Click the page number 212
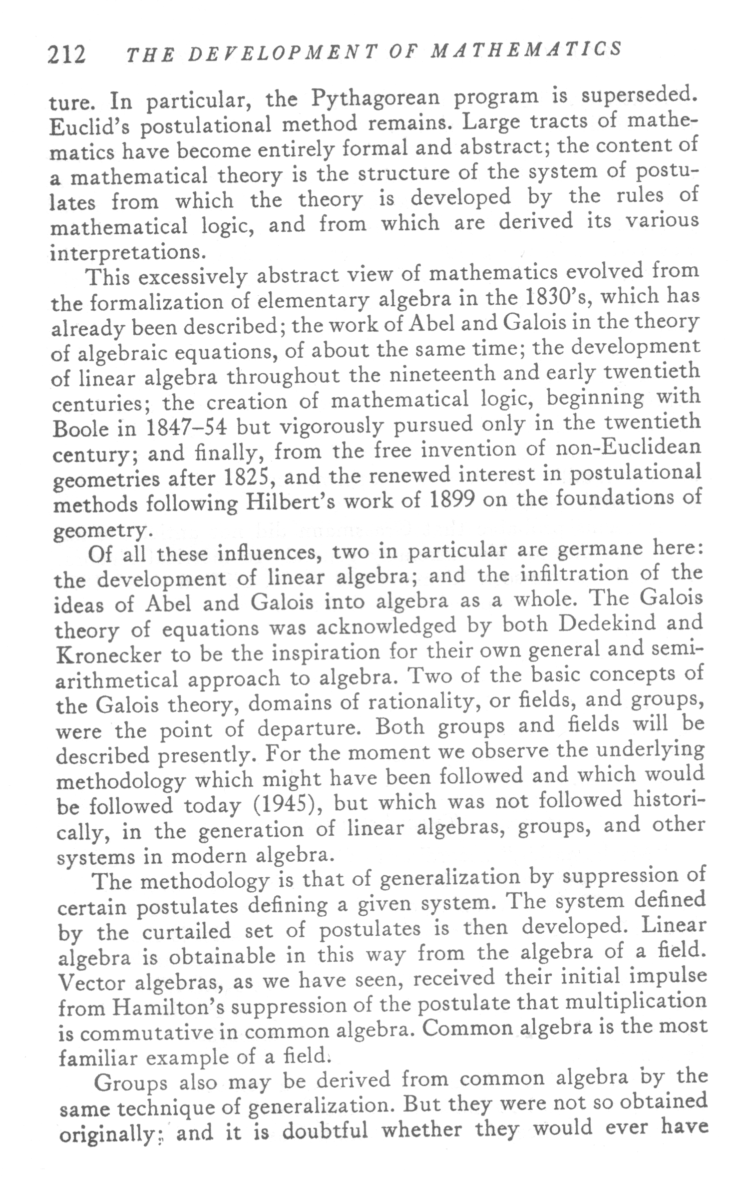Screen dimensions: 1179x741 (x=66, y=54)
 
